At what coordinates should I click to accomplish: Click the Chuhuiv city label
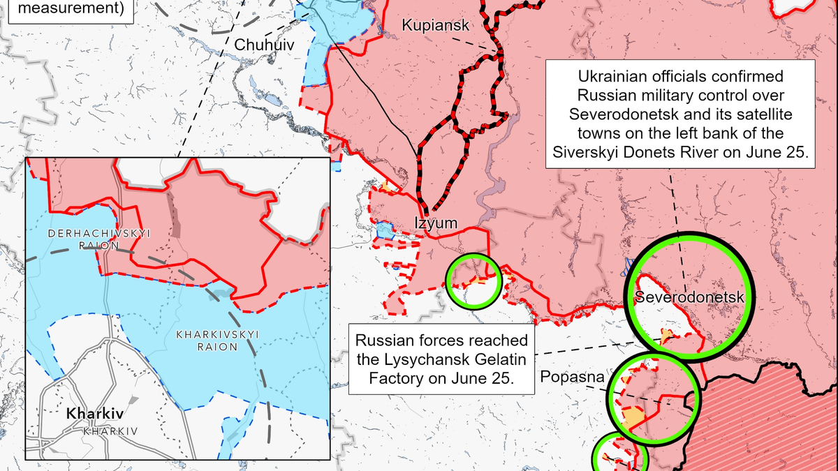pyautogui.click(x=264, y=45)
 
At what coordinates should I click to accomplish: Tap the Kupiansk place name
pyautogui.click(x=434, y=25)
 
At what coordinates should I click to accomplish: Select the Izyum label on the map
pyautogui.click(x=436, y=224)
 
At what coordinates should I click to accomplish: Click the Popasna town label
pyautogui.click(x=571, y=377)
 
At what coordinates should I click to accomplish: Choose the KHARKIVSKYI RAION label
pyautogui.click(x=216, y=341)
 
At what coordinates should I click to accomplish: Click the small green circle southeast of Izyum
pyautogui.click(x=474, y=281)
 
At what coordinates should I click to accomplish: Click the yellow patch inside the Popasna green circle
pyautogui.click(x=634, y=418)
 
